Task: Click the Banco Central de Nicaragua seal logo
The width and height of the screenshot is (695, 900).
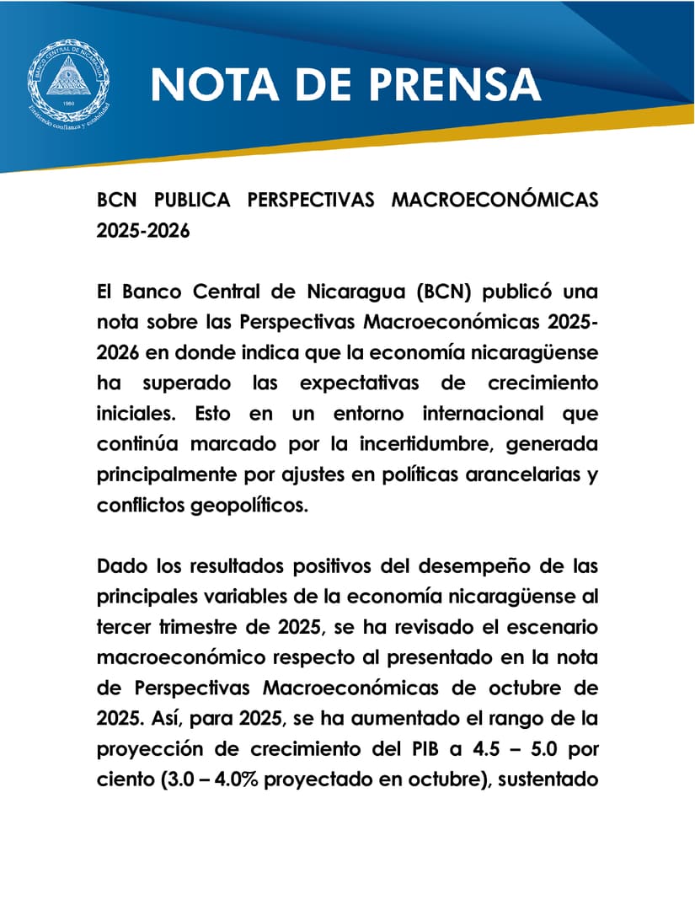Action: (68, 83)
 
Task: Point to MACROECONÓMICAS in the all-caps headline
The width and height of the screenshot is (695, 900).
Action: (495, 201)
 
